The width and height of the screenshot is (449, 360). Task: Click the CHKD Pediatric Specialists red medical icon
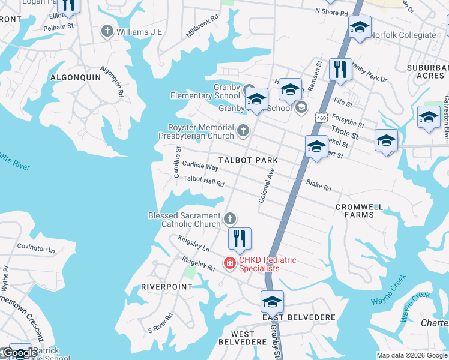[x=229, y=263]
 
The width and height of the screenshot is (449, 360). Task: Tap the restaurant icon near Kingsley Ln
[x=240, y=238]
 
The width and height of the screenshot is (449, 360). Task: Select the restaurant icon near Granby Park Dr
[x=340, y=69]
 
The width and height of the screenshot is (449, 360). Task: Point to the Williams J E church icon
[x=107, y=31]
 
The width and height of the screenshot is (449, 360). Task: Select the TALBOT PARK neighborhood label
[x=248, y=160]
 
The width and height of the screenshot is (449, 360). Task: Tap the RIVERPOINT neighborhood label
[x=166, y=287]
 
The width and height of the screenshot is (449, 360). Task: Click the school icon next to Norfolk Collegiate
[x=360, y=28]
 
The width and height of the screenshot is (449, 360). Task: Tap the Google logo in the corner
[x=20, y=353]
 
